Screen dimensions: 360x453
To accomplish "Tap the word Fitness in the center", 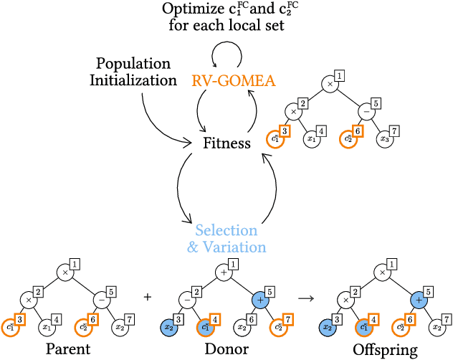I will (x=226, y=143).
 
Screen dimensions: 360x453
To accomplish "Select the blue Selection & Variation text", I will (x=226, y=239).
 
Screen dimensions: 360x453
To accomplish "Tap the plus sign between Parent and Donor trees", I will (x=148, y=297).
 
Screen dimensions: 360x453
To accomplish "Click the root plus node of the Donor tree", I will (x=226, y=273).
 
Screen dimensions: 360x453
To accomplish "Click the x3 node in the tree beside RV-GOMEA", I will (x=386, y=138).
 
